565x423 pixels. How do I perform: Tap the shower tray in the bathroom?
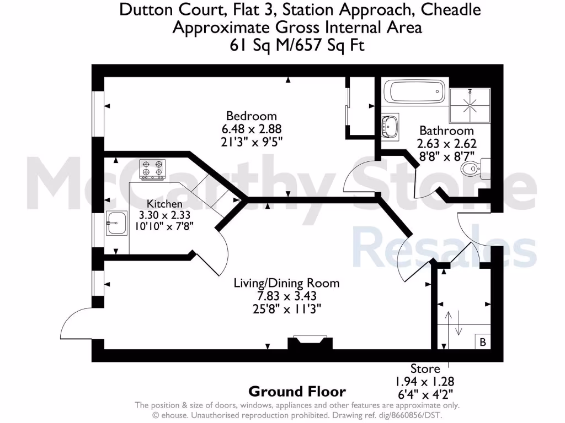[471, 105]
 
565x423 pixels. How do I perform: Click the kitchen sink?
[115, 225]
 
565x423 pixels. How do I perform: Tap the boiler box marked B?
[483, 342]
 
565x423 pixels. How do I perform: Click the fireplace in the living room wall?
[310, 343]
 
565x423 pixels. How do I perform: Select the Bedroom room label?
[252, 116]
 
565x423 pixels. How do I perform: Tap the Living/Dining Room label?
[286, 284]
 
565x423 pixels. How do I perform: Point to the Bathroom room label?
[446, 131]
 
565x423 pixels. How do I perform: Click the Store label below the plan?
[425, 369]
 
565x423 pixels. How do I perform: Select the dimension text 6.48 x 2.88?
[252, 129]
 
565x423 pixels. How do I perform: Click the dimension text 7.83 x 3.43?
[286, 296]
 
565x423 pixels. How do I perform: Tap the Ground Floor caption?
[297, 392]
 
